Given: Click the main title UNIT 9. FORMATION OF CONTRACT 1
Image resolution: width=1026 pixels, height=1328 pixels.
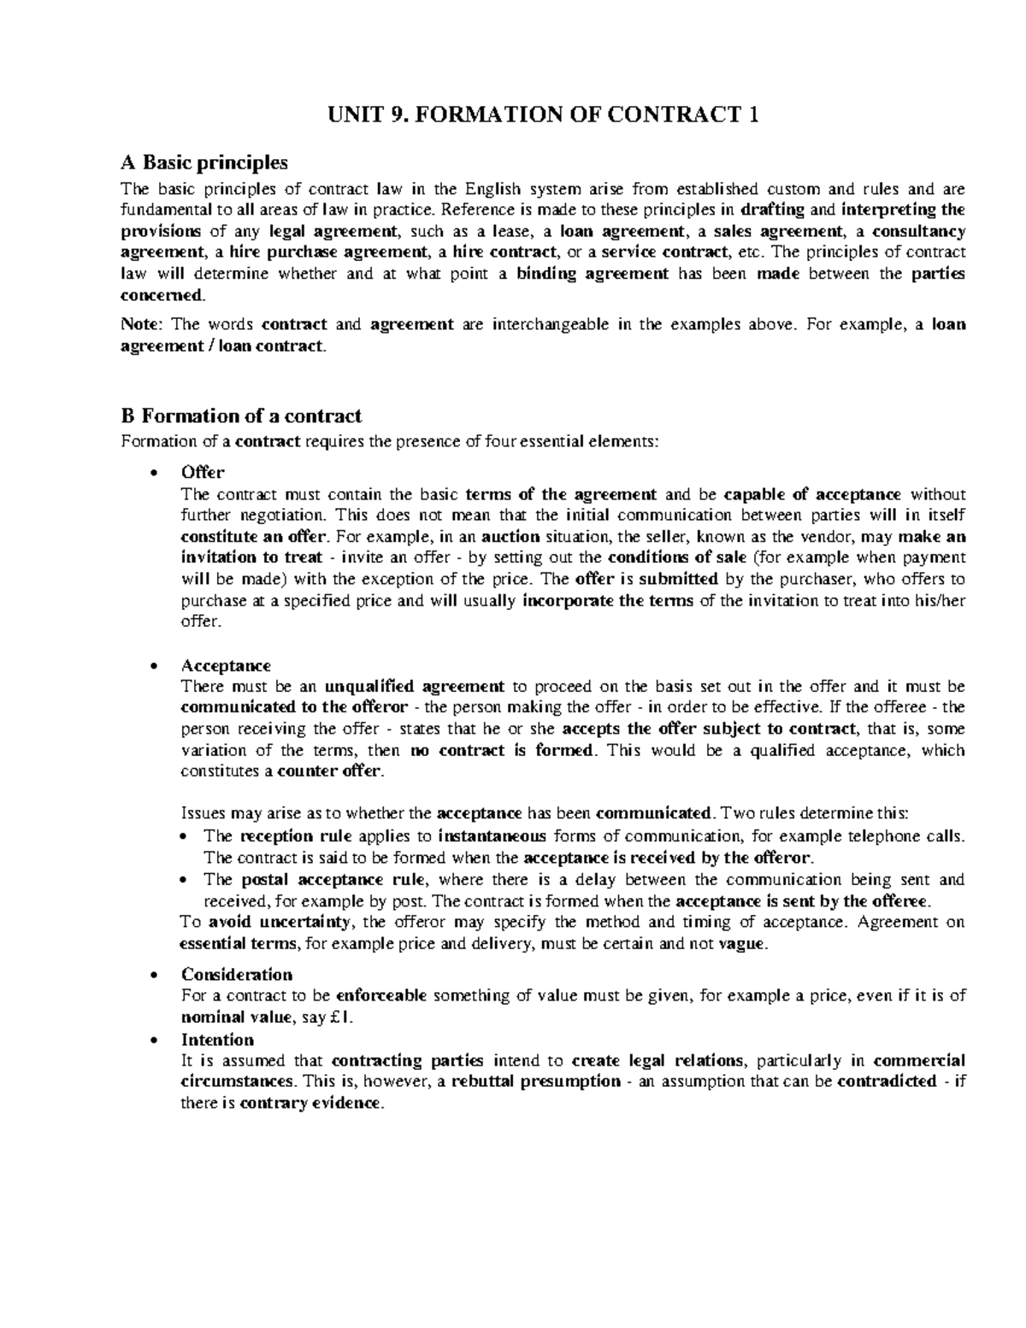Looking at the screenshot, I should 512,115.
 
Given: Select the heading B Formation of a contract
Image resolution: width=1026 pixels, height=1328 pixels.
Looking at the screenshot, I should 242,416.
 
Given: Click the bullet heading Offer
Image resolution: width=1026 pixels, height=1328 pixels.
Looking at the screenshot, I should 203,473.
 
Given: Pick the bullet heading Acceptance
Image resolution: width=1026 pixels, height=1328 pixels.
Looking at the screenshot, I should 226,665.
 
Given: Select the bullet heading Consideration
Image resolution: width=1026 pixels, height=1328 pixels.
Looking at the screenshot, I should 237,974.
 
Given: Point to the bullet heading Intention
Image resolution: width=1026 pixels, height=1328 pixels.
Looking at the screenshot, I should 217,1039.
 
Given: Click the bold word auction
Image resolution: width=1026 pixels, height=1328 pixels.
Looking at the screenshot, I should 510,537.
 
